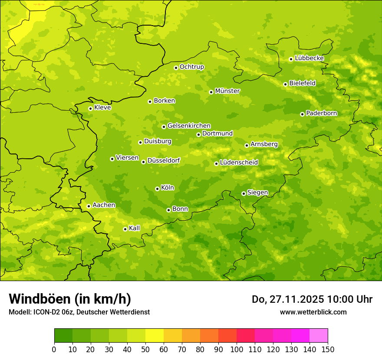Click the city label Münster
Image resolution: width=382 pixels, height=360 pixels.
click(227, 91)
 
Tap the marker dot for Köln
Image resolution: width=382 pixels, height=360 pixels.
click(157, 189)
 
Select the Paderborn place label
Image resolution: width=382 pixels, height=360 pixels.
click(322, 113)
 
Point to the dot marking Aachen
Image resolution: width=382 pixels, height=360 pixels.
click(89, 206)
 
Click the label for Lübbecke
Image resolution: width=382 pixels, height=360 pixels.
click(309, 58)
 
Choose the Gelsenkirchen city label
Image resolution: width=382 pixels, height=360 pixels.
click(189, 126)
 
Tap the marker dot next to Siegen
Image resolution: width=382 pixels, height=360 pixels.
click(244, 193)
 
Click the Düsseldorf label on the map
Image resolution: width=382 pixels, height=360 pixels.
click(164, 160)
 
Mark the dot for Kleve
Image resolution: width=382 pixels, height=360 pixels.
click(90, 108)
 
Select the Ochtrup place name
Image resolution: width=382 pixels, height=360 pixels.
click(192, 67)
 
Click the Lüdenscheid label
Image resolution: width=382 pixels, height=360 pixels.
click(239, 163)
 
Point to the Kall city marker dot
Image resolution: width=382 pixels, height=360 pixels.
click(125, 229)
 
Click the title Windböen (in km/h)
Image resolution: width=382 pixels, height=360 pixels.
click(70, 299)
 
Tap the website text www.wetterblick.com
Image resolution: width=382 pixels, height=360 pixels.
click(313, 312)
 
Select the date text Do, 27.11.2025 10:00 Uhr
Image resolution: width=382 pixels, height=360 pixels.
click(312, 299)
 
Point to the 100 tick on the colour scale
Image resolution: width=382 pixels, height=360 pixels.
click(237, 349)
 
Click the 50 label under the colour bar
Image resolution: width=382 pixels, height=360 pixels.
click(145, 349)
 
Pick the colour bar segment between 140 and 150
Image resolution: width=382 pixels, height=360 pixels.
click(319, 335)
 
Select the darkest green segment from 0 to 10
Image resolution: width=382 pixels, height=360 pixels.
click(63, 335)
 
